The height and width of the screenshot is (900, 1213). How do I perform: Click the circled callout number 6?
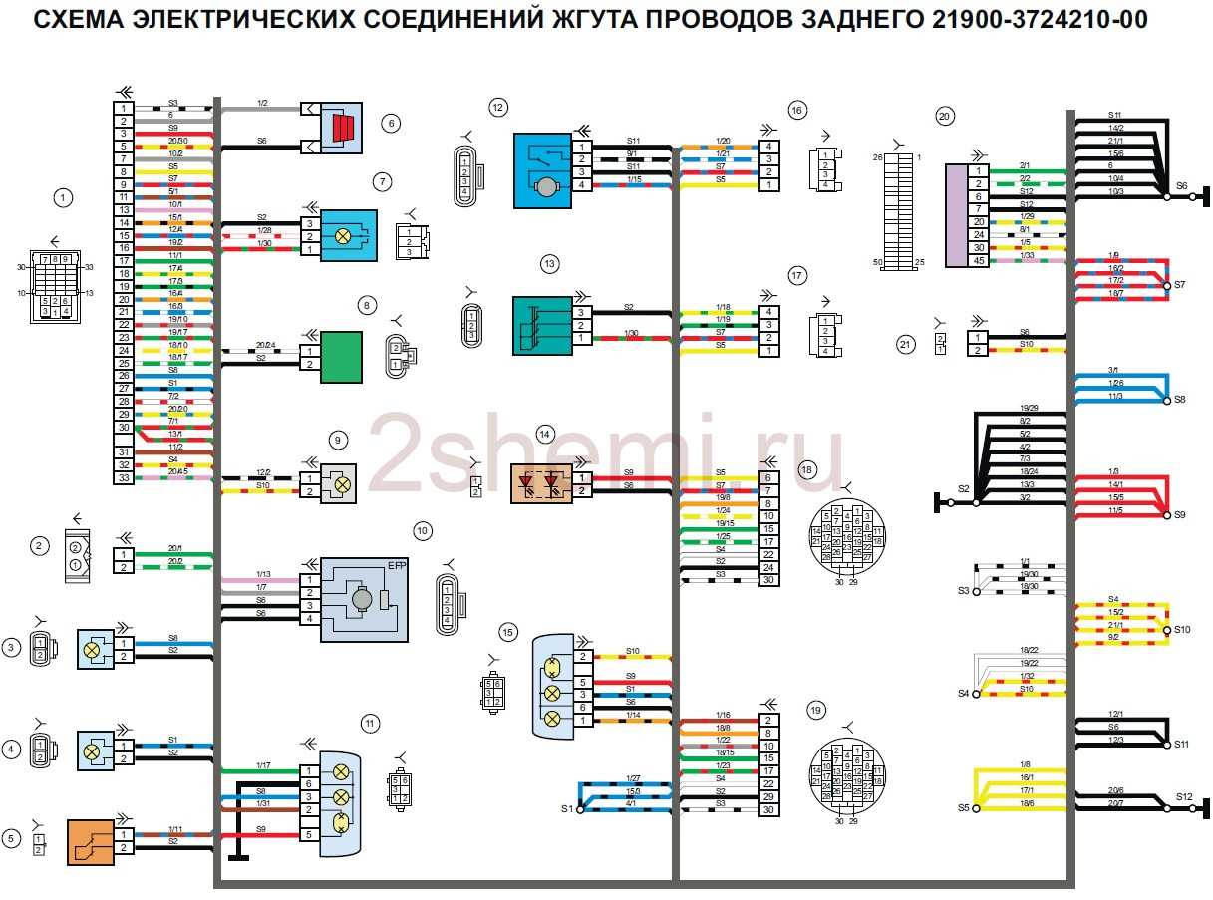(x=392, y=123)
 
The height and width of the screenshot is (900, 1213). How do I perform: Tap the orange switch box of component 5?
(x=89, y=841)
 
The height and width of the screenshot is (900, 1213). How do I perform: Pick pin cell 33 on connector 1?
(x=124, y=478)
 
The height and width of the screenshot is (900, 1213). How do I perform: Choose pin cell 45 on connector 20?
(x=978, y=260)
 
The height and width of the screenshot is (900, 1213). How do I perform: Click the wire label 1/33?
(x=1026, y=255)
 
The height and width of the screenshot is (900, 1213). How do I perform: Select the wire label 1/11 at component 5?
(x=175, y=829)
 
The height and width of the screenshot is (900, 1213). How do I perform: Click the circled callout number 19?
(x=816, y=711)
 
